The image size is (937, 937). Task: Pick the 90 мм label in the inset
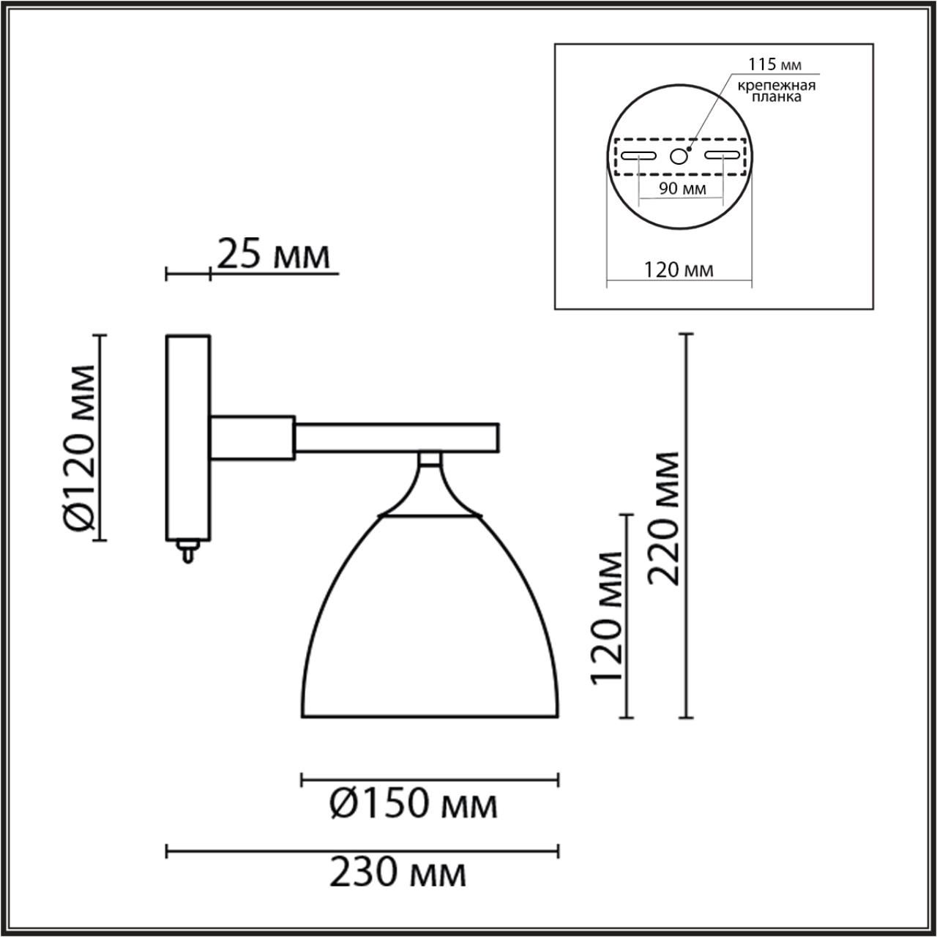click(x=682, y=189)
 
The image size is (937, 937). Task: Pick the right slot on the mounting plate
click(x=722, y=155)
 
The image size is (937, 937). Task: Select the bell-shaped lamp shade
click(x=431, y=622)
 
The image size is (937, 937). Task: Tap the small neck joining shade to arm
click(x=430, y=459)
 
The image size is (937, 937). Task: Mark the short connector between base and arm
click(x=253, y=437)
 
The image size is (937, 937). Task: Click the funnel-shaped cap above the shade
click(x=430, y=494)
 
